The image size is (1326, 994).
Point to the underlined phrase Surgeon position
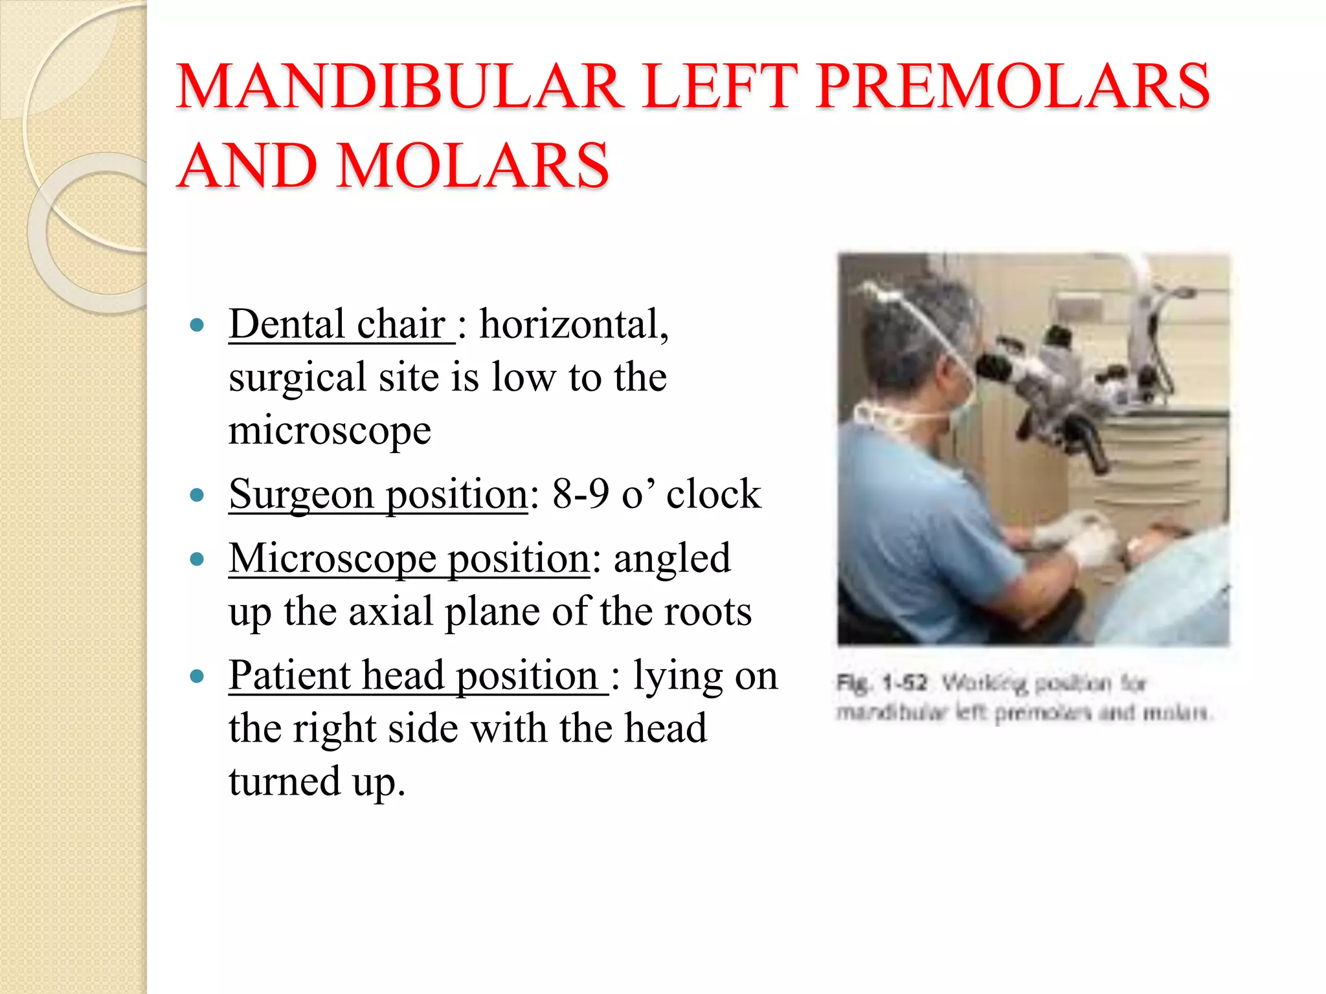378,495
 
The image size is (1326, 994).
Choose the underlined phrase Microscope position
409,558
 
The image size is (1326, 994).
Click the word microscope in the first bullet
330,431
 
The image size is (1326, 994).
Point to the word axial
391,612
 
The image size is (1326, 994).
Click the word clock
714,495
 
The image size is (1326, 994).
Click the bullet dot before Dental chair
197,325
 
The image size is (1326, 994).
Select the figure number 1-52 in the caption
905,683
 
